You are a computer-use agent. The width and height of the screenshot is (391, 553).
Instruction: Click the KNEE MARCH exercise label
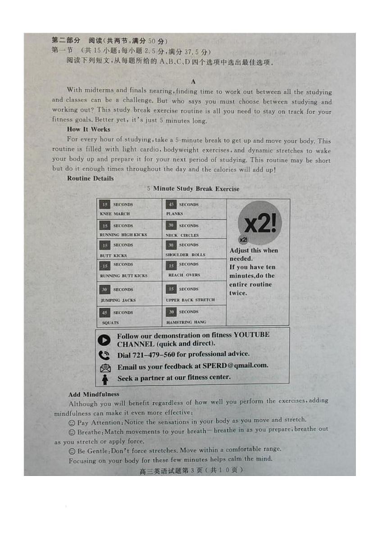pyautogui.click(x=115, y=214)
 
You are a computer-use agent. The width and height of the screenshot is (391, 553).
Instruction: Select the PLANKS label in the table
pyautogui.click(x=175, y=214)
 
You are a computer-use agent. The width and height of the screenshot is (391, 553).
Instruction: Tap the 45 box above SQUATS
pyautogui.click(x=105, y=312)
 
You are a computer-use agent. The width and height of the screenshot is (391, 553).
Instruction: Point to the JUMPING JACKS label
pyautogui.click(x=118, y=300)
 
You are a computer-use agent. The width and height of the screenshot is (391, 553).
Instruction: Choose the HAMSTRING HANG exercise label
pyautogui.click(x=186, y=322)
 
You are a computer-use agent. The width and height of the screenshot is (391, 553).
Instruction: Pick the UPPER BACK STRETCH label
pyautogui.click(x=190, y=300)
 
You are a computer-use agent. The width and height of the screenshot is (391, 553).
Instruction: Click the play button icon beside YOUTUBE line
pyautogui.click(x=104, y=340)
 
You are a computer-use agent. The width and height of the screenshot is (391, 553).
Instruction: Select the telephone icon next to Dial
pyautogui.click(x=104, y=355)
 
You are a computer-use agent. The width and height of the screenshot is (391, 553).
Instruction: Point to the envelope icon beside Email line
pyautogui.click(x=105, y=367)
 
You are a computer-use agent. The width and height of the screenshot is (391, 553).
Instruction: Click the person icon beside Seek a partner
pyautogui.click(x=105, y=379)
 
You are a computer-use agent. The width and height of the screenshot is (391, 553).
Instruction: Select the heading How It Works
pyautogui.click(x=88, y=129)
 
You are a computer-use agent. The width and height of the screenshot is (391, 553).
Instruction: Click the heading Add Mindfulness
pyautogui.click(x=94, y=394)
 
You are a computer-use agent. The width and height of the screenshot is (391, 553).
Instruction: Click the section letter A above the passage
pyautogui.click(x=193, y=82)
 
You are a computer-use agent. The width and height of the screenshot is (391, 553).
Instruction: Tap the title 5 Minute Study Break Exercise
pyautogui.click(x=193, y=189)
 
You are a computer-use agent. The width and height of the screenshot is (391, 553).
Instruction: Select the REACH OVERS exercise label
pyautogui.click(x=184, y=275)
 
